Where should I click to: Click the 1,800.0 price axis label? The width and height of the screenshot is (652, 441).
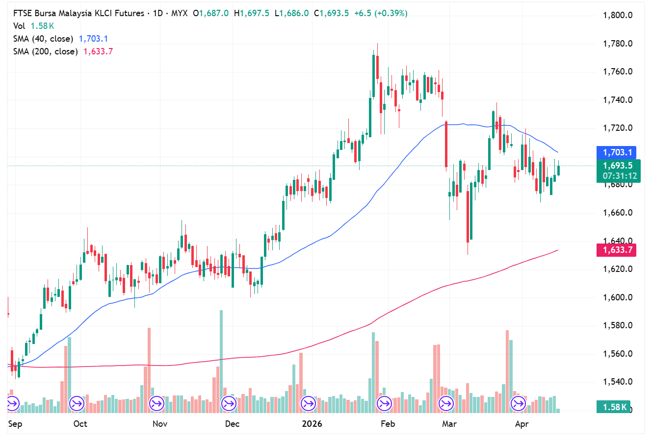tap(617, 15)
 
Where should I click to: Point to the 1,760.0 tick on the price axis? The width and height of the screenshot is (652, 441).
tap(617, 72)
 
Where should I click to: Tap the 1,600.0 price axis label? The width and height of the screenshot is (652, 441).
tap(617, 297)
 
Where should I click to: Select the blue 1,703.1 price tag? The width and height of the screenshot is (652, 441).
tap(617, 152)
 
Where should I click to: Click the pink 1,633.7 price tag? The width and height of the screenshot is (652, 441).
tap(617, 250)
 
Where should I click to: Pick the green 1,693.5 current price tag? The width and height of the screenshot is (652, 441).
tap(617, 166)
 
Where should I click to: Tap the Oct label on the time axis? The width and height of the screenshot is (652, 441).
tap(80, 424)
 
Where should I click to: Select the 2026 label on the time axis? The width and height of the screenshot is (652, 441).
tap(312, 424)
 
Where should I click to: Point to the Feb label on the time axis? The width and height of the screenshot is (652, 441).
tap(388, 424)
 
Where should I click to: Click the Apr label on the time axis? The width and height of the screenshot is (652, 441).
tap(522, 424)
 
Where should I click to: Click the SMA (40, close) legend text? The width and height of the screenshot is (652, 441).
tap(43, 39)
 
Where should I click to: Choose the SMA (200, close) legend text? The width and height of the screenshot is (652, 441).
tap(45, 51)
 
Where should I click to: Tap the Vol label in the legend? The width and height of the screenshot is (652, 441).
tap(19, 26)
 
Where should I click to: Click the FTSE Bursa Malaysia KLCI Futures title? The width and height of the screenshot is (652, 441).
tap(78, 13)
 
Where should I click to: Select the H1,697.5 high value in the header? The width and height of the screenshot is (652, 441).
tap(251, 13)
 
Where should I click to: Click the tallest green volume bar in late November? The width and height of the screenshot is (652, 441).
tap(221, 360)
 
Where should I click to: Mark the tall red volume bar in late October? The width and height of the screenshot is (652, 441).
tap(149, 367)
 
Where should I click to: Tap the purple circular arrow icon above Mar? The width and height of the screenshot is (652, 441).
tap(446, 404)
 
